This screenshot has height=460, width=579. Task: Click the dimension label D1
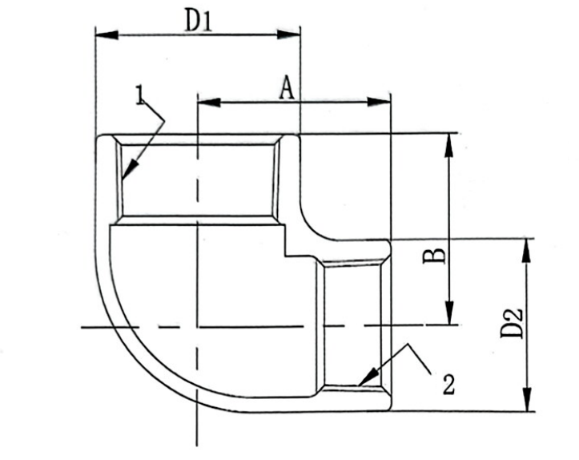click(x=198, y=20)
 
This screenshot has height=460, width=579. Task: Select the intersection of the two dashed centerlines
click(x=196, y=326)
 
